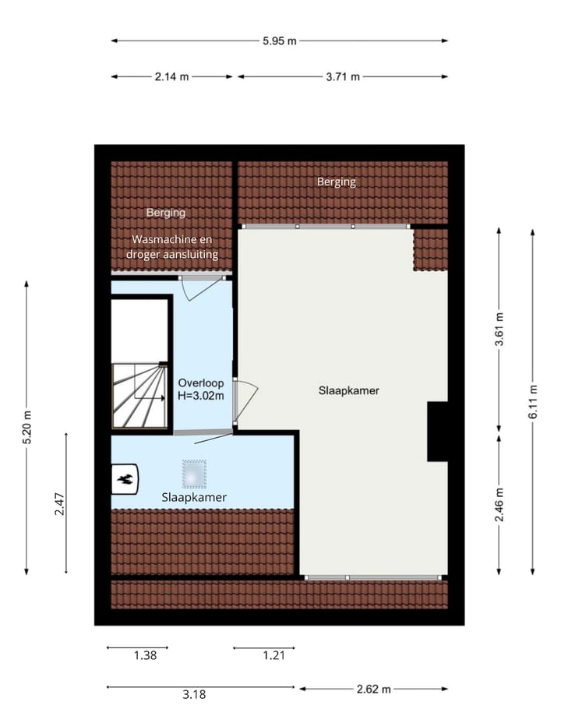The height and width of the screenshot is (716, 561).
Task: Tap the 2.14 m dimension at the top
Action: click(172, 76)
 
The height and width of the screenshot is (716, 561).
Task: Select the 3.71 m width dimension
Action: click(344, 76)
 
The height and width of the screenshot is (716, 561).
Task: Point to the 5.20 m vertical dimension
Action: click(27, 427)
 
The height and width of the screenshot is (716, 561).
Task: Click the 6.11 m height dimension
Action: click(534, 402)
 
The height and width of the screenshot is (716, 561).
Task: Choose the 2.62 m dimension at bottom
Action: click(374, 689)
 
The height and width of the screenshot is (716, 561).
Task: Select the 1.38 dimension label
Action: click(145, 655)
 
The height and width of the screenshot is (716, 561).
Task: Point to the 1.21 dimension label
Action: click(273, 655)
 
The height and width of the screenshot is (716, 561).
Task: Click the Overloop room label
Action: click(201, 383)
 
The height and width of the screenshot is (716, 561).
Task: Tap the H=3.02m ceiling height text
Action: click(201, 395)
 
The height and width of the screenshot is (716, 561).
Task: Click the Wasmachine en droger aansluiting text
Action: click(172, 247)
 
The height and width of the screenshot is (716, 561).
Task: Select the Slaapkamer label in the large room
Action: click(348, 390)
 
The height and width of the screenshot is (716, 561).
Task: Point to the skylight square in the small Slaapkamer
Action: click(195, 472)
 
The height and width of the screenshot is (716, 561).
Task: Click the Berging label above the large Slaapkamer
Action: click(336, 182)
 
